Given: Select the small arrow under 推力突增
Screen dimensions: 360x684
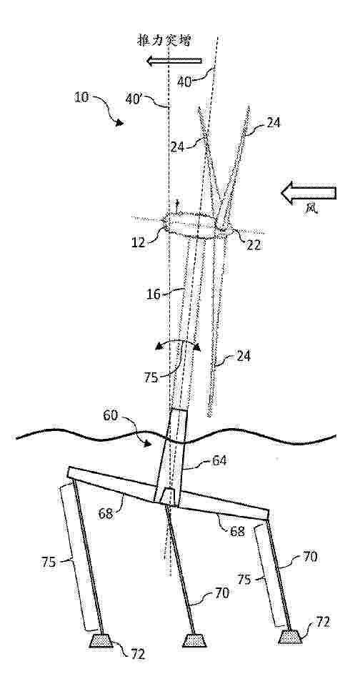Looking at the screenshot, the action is coord(174,61).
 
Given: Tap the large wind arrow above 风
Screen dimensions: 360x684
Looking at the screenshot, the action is coord(309,193).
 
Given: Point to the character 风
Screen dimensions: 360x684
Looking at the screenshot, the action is coord(311,209).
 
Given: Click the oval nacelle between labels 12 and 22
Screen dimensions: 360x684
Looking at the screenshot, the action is coord(189,225).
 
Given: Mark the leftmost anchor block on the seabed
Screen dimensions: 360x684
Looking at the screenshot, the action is coord(101,640).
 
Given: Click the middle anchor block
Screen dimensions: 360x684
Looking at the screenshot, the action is coord(194,640).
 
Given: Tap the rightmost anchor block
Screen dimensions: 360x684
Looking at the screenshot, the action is coord(290,636).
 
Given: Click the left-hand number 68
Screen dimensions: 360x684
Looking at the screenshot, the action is coord(106,513).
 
